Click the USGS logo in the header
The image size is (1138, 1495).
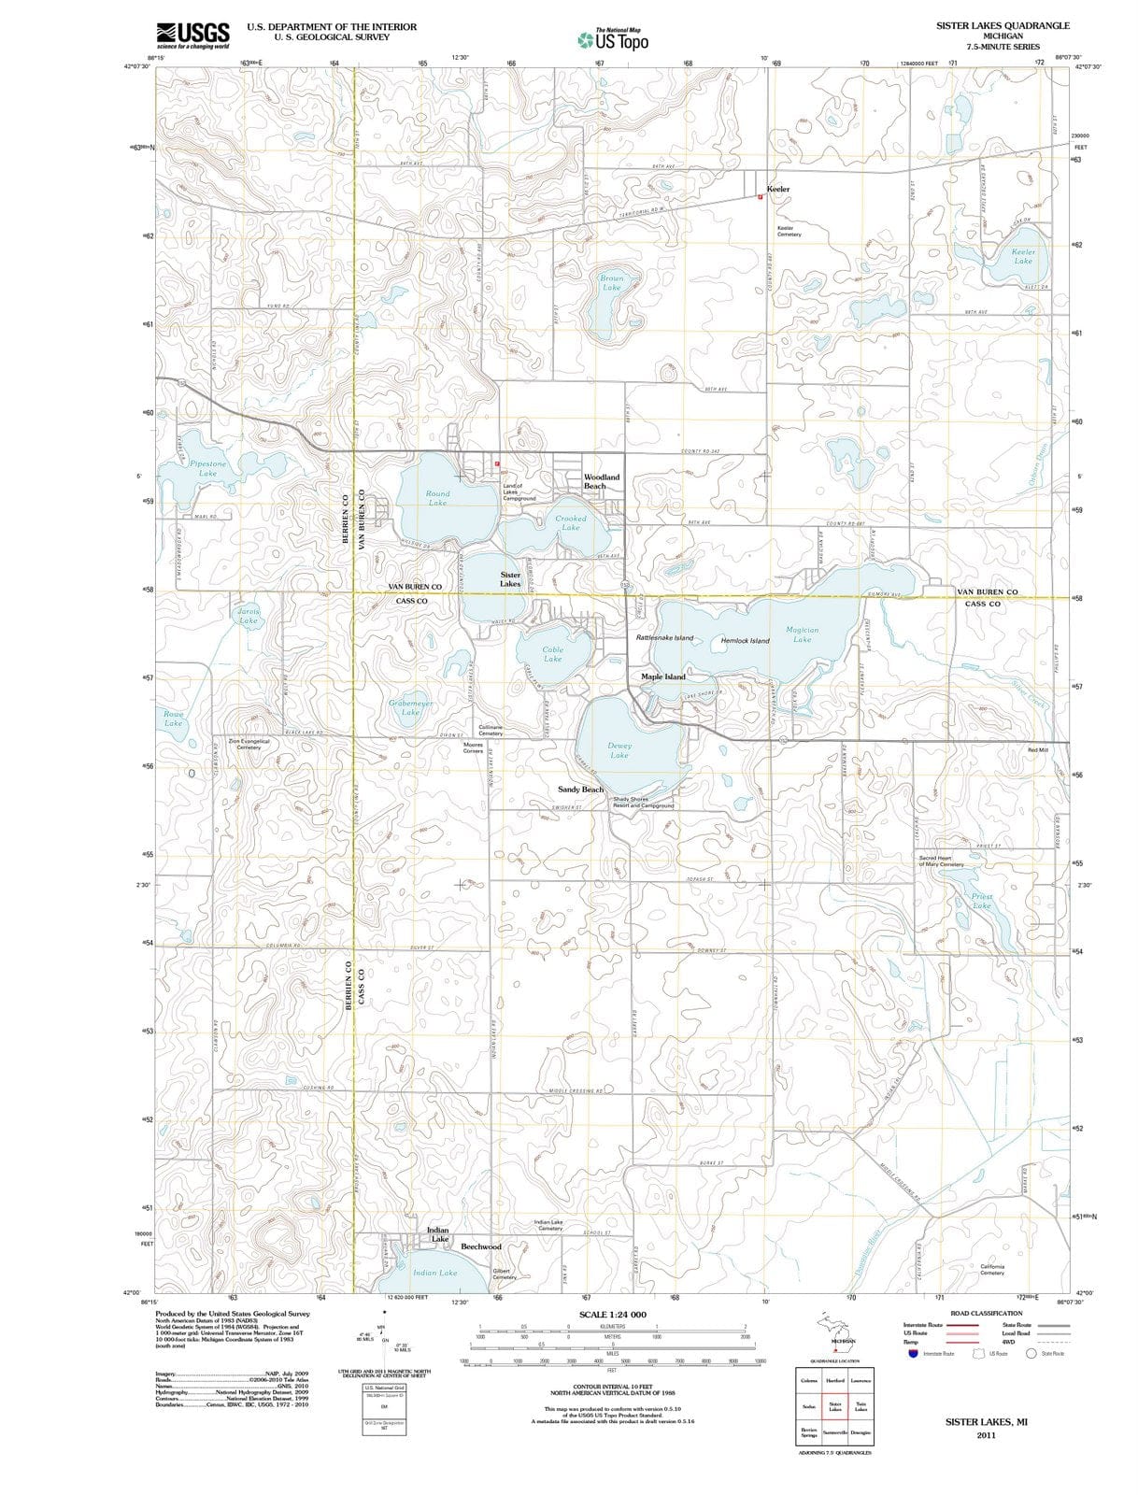point(193,35)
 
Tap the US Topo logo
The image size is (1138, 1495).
point(612,39)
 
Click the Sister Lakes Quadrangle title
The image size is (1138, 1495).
point(1003,26)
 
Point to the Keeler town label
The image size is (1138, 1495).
point(777,190)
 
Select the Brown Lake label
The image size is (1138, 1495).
point(611,282)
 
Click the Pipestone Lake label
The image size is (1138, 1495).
point(207,468)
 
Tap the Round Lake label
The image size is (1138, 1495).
point(437,498)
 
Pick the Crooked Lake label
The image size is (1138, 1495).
point(570,522)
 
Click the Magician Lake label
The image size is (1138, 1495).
point(802,634)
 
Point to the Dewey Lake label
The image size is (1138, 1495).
point(619,750)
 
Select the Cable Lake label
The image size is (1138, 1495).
point(553,654)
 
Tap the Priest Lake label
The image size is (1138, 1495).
point(981,901)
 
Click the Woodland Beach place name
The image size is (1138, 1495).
point(601,481)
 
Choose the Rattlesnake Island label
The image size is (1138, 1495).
point(664,638)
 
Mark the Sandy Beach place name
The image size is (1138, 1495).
point(580,790)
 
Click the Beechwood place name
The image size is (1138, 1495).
point(481,1246)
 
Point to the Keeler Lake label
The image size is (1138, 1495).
point(1023,256)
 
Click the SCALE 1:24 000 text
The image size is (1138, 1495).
point(612,1315)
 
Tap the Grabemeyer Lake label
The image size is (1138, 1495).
point(410,707)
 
